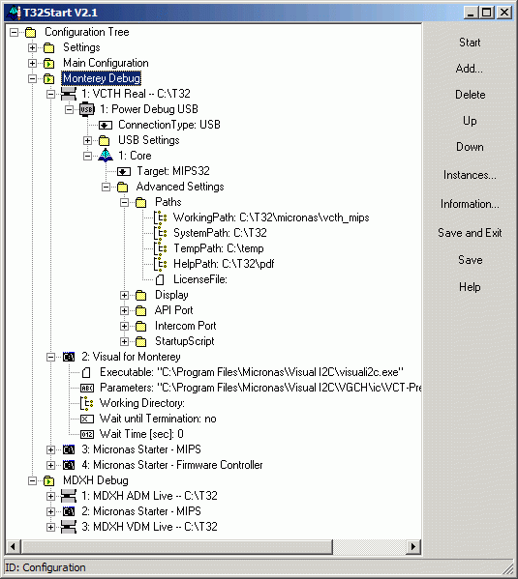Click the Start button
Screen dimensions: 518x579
coord(470,43)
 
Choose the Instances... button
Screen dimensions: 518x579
coord(470,175)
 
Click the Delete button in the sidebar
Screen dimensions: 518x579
coord(470,95)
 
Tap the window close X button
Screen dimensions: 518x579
coord(503,13)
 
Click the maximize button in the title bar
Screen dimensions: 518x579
coord(487,13)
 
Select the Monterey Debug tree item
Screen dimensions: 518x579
coord(102,78)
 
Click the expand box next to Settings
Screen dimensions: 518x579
coord(33,47)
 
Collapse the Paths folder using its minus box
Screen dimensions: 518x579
coord(124,202)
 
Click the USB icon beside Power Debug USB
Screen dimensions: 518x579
coord(87,109)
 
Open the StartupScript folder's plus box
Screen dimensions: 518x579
coord(124,341)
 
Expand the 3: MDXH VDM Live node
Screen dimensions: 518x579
coord(51,527)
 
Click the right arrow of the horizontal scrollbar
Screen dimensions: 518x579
coord(413,546)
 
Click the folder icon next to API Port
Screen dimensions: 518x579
coord(140,310)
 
